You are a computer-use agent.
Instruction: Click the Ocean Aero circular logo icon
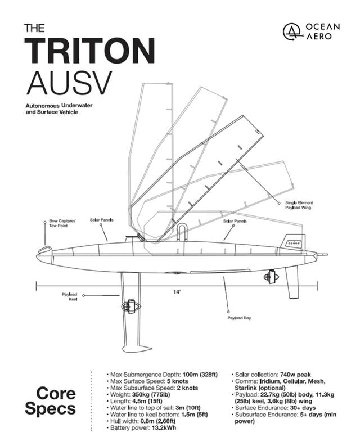point(291,33)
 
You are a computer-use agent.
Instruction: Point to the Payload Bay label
point(239,318)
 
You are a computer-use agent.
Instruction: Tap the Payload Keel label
point(70,296)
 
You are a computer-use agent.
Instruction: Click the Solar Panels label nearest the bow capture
point(102,220)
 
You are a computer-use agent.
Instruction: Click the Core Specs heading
point(56,400)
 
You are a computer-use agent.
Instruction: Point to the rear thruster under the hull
point(271,277)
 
